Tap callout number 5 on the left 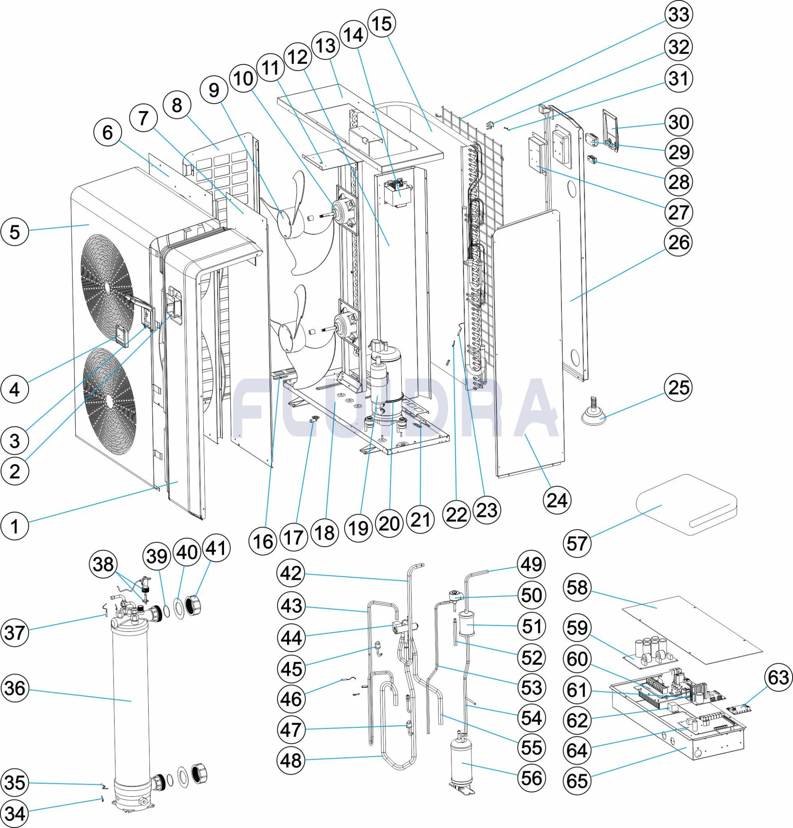[x=15, y=232]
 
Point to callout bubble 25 [x=679, y=388]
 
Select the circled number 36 [x=15, y=689]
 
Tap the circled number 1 [x=15, y=526]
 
